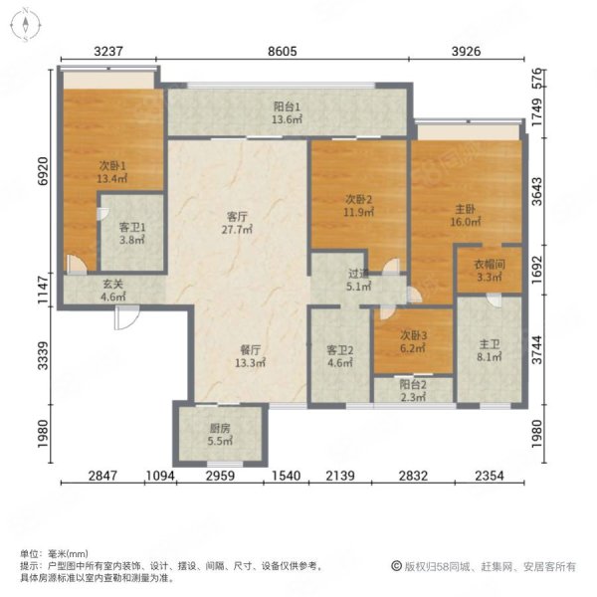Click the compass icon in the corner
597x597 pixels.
tap(25, 25)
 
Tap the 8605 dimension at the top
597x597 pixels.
tap(283, 51)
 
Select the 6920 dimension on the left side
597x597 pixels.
tap(44, 171)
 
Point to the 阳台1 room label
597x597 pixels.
tap(287, 106)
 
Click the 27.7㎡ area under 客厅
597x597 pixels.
tap(237, 229)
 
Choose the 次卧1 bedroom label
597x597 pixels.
tap(112, 165)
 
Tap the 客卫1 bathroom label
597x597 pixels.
tap(132, 227)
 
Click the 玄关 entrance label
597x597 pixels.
tap(113, 284)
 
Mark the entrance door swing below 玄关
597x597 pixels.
tap(126, 317)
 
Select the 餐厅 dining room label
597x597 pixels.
tap(250, 350)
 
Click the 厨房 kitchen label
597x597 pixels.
tap(220, 428)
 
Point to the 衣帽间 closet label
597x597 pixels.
tap(490, 265)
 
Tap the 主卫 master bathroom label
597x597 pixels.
tap(490, 344)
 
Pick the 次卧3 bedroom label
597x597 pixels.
tap(414, 335)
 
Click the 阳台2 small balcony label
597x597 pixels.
tap(413, 384)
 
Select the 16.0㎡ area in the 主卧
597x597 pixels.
tap(466, 222)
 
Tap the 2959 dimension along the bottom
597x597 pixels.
tap(220, 476)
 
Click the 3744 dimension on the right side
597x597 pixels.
tap(537, 350)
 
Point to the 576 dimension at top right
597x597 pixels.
tap(537, 79)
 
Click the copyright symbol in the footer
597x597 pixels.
tap(396, 566)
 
